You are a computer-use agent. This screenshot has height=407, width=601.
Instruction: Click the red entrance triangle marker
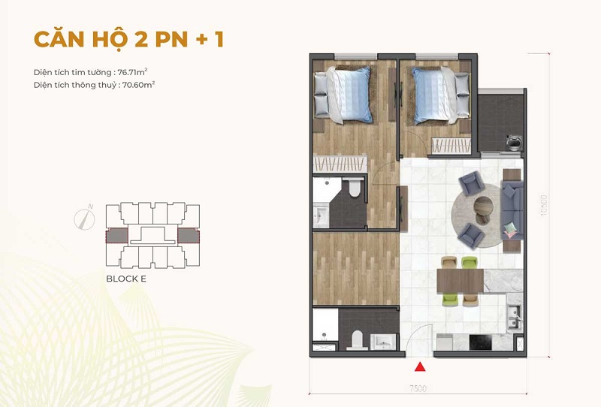point(420,366)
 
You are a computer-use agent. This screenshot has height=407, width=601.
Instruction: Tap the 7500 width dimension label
point(418,388)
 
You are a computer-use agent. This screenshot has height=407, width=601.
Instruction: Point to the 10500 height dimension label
point(543,205)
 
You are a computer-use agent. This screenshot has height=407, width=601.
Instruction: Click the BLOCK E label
point(126,279)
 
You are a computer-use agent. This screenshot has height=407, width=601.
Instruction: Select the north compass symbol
point(84,219)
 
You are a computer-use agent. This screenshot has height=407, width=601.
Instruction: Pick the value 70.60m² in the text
point(138,85)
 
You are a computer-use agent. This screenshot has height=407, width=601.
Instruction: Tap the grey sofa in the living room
point(512,211)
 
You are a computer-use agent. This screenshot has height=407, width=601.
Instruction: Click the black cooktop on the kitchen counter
point(480,342)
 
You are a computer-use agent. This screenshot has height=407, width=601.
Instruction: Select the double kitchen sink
point(514,318)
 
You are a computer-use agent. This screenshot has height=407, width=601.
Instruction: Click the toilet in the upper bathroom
point(355,187)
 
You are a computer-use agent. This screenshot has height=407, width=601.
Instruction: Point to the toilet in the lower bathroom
point(357,340)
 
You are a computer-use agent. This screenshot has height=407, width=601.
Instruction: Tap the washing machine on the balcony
point(513,143)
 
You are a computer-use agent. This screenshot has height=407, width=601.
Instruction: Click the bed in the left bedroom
point(343,95)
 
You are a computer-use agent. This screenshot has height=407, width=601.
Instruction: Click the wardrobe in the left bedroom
point(340,164)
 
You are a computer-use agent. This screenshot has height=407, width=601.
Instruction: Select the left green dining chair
point(448,300)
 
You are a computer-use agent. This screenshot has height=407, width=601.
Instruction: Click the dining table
point(461,281)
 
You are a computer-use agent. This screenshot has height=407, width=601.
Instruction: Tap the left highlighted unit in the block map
point(117,236)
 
